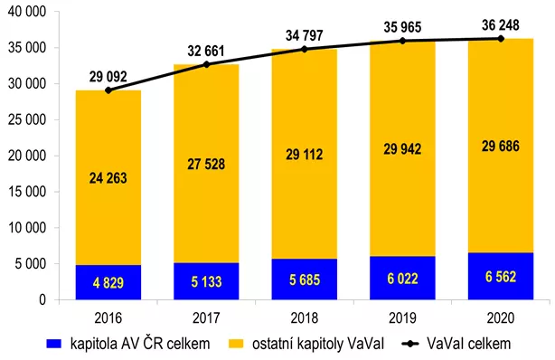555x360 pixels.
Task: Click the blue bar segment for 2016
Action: tap(108, 281)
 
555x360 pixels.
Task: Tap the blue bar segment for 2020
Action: tap(500, 276)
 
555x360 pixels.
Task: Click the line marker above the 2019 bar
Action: tap(402, 41)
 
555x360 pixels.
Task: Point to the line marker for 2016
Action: tap(108, 90)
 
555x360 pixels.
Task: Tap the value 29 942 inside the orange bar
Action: tap(402, 147)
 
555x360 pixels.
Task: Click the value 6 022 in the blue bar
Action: tap(402, 279)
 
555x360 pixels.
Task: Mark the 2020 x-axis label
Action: tap(500, 317)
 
